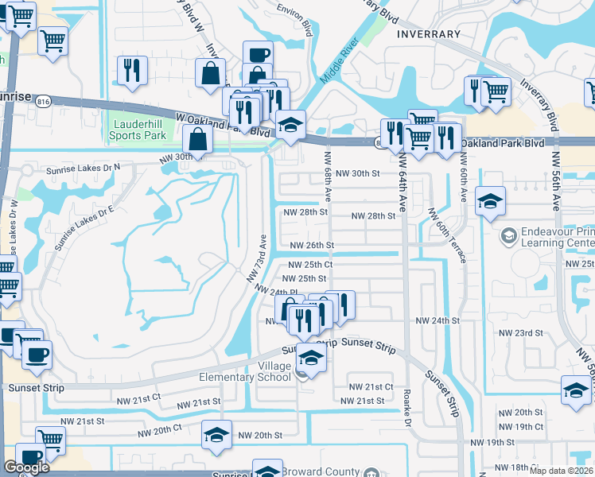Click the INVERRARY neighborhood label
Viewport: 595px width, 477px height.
pos(428,34)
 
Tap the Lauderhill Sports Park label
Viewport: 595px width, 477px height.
pos(139,130)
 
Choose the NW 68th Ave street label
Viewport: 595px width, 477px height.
pos(328,184)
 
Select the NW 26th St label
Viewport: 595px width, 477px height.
pos(311,246)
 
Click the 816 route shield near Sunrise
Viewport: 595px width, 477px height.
pos(43,100)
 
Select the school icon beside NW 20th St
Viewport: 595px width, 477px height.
pos(216,436)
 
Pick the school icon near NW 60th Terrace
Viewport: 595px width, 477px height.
pos(491,202)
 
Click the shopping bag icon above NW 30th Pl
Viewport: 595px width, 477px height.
pos(197,140)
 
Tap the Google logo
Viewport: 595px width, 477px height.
pos(27,467)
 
